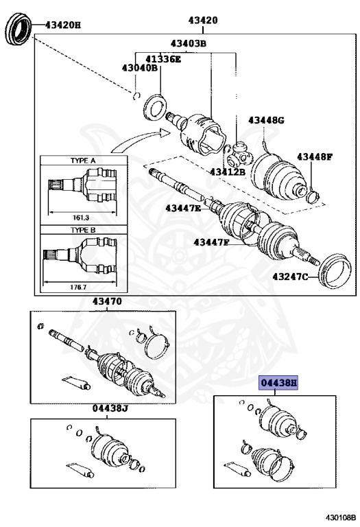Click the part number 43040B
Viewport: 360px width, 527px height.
pos(140,68)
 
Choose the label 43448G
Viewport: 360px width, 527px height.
pos(266,120)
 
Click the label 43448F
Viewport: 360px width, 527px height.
pos(314,157)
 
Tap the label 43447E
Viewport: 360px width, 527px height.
pos(183,207)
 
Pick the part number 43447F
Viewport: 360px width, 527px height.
pos(211,242)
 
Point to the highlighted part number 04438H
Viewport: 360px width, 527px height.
pos(278,383)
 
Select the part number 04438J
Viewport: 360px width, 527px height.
pos(110,408)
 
